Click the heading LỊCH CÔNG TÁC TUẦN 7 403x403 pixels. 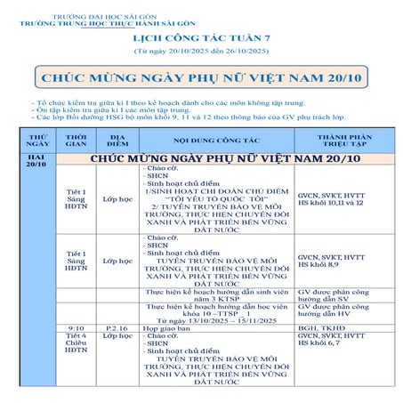(201, 40)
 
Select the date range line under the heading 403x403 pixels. (201, 52)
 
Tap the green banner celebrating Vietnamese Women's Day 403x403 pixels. (201, 78)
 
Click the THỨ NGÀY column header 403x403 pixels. (37, 141)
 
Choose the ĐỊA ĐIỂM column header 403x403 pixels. (117, 141)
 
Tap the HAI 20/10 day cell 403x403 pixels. (37, 160)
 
